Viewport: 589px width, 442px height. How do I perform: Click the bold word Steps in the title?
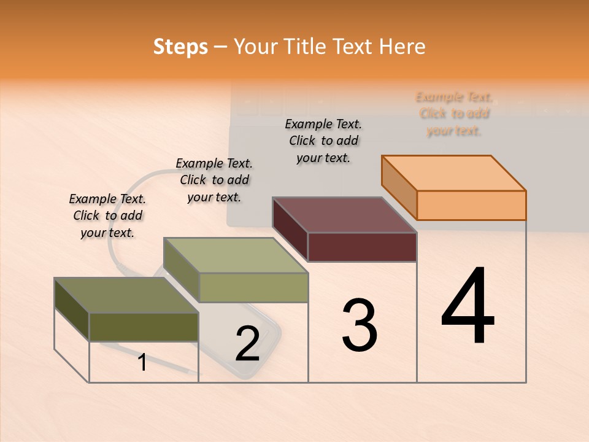coord(180,47)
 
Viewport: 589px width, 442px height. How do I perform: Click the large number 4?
coord(468,307)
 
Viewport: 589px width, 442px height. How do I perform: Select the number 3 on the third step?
coord(359,325)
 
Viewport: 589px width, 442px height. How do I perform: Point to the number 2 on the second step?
coord(247,344)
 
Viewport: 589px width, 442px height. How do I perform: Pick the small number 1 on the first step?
coord(142,363)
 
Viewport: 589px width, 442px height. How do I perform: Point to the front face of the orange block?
coord(471,205)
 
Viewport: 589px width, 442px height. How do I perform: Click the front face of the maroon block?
coord(362,247)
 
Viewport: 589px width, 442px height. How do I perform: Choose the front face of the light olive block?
coord(253,287)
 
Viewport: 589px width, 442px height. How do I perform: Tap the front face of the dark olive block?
coord(144,327)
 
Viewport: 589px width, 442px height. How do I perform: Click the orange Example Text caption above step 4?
coord(454,114)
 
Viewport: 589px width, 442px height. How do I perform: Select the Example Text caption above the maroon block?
coord(323,141)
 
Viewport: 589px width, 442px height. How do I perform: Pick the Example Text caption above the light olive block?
coord(214,180)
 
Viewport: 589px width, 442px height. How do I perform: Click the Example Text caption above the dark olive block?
coord(107,215)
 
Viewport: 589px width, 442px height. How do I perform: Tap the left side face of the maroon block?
coord(290,230)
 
